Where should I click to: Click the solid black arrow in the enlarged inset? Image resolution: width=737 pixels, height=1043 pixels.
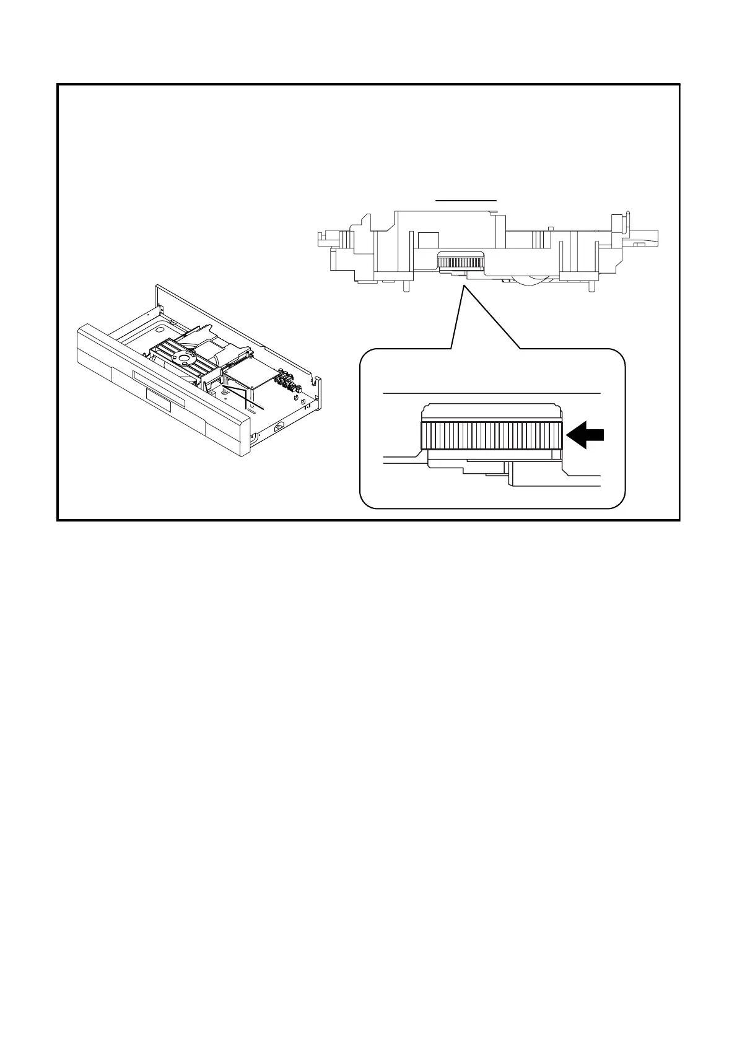click(x=585, y=435)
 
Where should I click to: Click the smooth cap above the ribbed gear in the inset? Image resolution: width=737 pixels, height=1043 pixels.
click(x=491, y=411)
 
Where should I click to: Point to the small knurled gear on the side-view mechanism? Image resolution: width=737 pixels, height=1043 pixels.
click(x=460, y=261)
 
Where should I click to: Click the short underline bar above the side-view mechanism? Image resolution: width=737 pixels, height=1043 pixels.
click(x=466, y=201)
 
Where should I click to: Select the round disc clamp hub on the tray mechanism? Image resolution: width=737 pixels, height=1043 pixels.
click(x=183, y=357)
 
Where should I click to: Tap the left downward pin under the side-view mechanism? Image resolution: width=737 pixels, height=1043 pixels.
click(x=405, y=286)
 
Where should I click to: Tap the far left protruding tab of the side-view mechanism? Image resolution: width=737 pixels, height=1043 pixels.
click(x=321, y=236)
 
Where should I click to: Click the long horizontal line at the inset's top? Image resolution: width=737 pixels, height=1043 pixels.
click(x=492, y=393)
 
